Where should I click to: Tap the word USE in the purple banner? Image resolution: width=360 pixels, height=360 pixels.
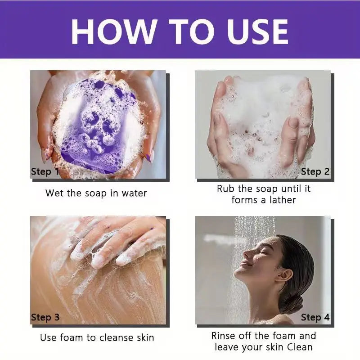coord(257,31)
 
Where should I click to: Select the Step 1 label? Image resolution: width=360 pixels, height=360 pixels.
coord(44,172)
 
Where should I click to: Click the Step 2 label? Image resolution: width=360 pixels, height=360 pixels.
coord(315,172)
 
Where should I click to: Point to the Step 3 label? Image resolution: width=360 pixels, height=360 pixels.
coord(45,318)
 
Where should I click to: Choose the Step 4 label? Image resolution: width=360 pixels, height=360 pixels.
coord(315,317)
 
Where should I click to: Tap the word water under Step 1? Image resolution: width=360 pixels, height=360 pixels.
coord(134,193)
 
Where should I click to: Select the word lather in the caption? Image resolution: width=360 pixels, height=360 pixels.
coord(283,200)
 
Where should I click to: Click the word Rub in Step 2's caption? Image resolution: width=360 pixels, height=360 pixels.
coord(226,189)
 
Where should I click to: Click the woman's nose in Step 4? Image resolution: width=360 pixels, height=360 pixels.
coord(247,254)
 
